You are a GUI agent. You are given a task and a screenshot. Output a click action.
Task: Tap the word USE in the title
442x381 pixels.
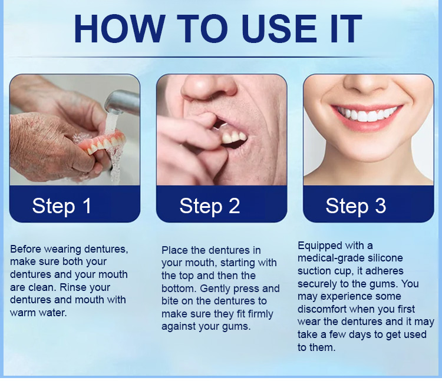pyautogui.click(x=279, y=29)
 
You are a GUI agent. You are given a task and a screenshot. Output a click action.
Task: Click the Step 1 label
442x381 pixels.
pyautogui.click(x=62, y=207)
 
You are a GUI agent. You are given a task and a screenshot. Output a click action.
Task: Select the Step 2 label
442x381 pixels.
pyautogui.click(x=210, y=207)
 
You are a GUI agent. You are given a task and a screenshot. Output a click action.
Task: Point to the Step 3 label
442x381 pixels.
pyautogui.click(x=356, y=207)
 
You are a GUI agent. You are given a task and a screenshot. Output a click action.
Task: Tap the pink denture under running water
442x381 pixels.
pyautogui.click(x=102, y=143)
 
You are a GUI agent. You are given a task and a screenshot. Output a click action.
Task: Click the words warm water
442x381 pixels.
pyautogui.click(x=38, y=313)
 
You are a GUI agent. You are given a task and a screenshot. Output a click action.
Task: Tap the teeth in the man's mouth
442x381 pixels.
pyautogui.click(x=234, y=137)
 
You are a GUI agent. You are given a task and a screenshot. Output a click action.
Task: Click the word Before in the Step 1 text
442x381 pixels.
pyautogui.click(x=26, y=249)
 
